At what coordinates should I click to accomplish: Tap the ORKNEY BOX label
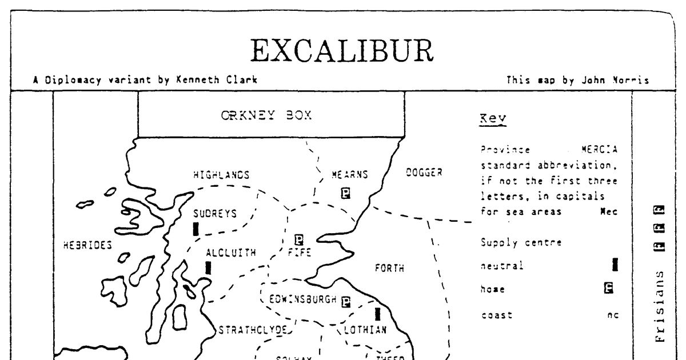pos(266,115)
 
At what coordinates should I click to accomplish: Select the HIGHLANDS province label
pos(221,175)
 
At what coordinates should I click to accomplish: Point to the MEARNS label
pos(350,175)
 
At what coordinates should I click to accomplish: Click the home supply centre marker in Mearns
pos(345,193)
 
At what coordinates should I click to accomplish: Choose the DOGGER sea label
pos(424,172)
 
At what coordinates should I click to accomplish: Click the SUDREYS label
pos(214,214)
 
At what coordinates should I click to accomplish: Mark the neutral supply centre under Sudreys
pos(196,229)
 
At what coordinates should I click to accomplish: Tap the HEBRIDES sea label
pos(87,245)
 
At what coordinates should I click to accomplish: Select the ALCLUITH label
pos(231,253)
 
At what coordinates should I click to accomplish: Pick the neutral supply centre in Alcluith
pos(208,267)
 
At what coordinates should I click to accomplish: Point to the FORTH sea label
pos(389,268)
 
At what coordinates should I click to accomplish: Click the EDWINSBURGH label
pos(303,298)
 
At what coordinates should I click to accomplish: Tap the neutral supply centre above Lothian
pos(377,314)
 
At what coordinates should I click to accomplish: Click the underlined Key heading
pos(493,119)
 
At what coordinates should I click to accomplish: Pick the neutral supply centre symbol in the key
pos(615,265)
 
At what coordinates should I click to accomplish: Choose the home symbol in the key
pos(609,289)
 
